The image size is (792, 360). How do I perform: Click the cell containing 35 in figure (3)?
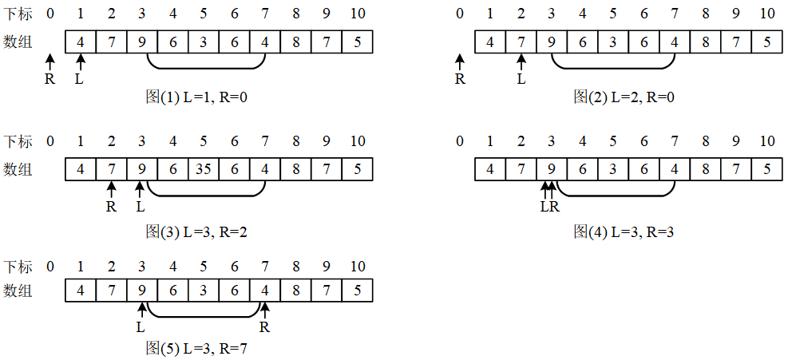pyautogui.click(x=204, y=169)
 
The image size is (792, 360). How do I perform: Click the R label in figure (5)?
pyautogui.click(x=265, y=327)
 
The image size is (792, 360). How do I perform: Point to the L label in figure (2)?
pyautogui.click(x=521, y=78)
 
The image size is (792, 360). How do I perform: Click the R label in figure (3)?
pyautogui.click(x=111, y=206)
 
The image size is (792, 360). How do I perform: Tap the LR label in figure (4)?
pyautogui.click(x=549, y=207)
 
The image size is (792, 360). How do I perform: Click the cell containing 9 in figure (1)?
pyautogui.click(x=141, y=42)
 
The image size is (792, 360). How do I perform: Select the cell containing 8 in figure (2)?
pyautogui.click(x=706, y=42)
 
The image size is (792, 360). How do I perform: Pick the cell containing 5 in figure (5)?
pyautogui.click(x=357, y=291)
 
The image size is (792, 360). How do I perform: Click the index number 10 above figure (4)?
pyautogui.click(x=766, y=141)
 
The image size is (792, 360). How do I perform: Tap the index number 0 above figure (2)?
pyautogui.click(x=459, y=14)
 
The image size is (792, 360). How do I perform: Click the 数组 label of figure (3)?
pyautogui.click(x=18, y=169)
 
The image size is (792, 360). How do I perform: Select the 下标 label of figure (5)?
pyautogui.click(x=18, y=266)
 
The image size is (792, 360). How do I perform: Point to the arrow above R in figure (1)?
pyautogui.click(x=50, y=61)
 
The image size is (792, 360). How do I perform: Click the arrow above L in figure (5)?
pyautogui.click(x=141, y=310)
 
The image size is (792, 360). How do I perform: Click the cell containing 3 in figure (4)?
pyautogui.click(x=613, y=169)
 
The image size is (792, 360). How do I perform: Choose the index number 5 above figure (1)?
pyautogui.click(x=204, y=14)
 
